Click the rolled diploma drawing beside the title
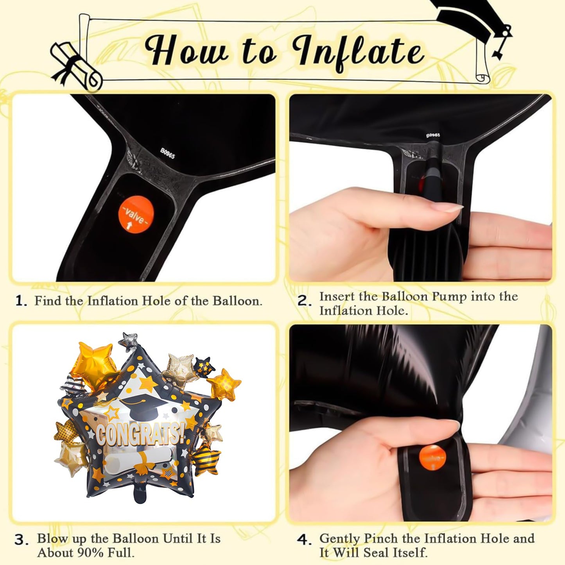tap(77, 66)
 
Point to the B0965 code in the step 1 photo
tap(167, 153)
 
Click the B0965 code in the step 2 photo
tap(433, 135)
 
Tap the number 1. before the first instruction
tap(22, 301)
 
